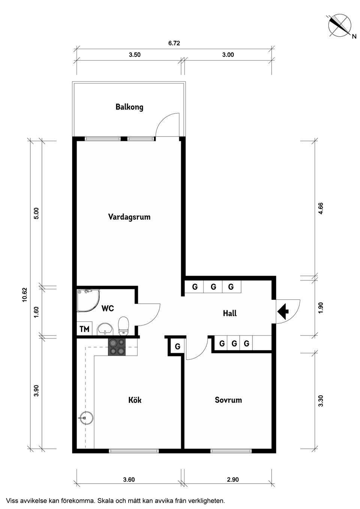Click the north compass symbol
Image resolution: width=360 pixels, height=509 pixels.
point(340,25)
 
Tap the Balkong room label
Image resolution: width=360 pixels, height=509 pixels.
point(129,107)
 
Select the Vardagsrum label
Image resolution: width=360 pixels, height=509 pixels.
point(129,217)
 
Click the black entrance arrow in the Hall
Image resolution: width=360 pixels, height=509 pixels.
point(283,311)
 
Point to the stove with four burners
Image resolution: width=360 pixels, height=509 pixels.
point(117,347)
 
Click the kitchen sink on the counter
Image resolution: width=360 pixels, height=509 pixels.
point(86,417)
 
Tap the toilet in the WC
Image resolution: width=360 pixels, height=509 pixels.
point(123,325)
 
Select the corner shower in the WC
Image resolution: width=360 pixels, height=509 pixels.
point(87,300)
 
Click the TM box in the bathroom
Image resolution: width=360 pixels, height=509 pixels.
point(84,329)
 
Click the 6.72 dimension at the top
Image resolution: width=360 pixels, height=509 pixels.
point(174,43)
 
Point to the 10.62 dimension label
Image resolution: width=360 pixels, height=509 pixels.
point(25,295)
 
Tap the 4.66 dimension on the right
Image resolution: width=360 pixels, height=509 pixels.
point(320,208)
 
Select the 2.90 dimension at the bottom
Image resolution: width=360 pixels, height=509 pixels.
point(232,479)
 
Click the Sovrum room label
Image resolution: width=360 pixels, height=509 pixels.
point(228,400)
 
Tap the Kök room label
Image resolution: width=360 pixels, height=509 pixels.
point(135,400)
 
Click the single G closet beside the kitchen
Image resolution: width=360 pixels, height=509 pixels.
point(177,347)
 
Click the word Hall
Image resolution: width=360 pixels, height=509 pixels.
point(229,313)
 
